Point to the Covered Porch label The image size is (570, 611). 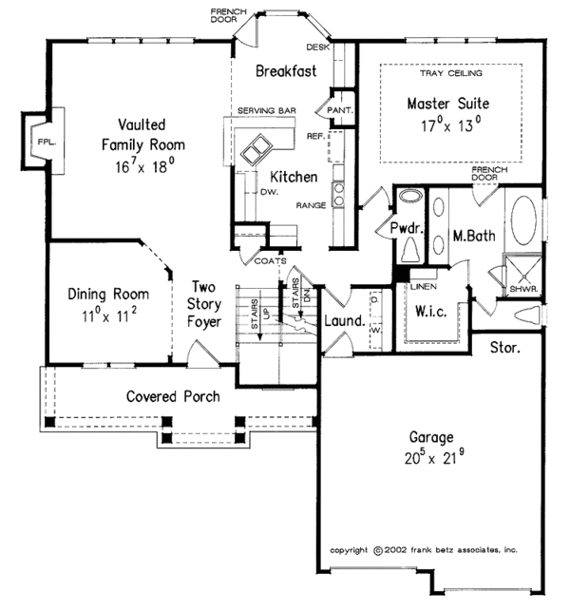pos(173,396)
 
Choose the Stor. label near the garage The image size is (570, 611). pos(504,349)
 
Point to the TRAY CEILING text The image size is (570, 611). pos(450,73)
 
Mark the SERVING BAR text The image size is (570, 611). pos(267,111)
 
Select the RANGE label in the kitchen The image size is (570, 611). pos(312,204)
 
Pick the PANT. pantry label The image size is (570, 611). pos(339,110)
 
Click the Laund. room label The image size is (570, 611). pos(344,321)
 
